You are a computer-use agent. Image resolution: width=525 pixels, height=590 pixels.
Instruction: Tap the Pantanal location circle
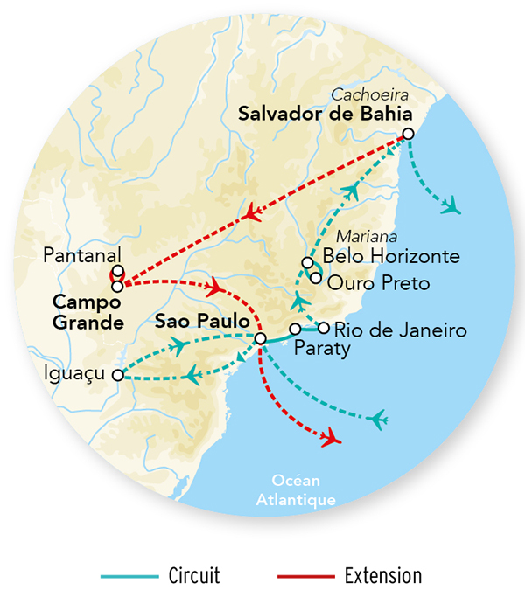point(117,271)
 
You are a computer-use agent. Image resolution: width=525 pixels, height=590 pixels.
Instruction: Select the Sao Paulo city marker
point(260,338)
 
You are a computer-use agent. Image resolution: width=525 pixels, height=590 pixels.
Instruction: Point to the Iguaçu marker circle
point(117,375)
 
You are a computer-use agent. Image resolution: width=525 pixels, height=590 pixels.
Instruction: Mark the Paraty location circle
point(295,329)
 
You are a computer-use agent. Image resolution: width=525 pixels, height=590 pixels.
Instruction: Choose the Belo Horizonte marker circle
point(307,262)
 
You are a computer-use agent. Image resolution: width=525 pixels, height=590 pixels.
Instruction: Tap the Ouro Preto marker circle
point(315,278)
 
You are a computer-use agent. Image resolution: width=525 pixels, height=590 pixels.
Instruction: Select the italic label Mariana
point(367,237)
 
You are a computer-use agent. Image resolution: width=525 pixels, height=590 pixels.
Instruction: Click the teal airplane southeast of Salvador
point(451,206)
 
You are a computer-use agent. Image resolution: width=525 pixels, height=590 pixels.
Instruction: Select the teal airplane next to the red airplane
point(378,420)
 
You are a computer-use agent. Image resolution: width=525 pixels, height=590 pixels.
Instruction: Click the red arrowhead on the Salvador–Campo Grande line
point(251,212)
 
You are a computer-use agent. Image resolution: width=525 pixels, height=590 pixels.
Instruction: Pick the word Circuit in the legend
point(193,575)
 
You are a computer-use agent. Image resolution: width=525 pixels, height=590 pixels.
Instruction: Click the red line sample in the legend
point(305,576)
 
